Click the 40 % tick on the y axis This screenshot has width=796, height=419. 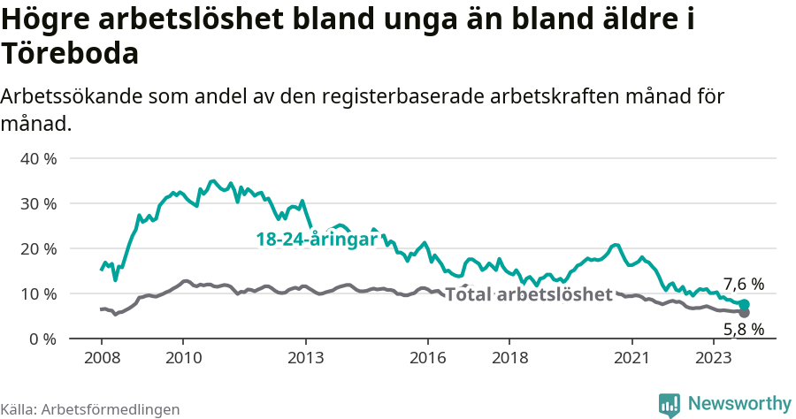coord(38,159)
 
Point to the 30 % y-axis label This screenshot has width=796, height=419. coord(38,203)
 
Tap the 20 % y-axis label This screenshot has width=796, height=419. coord(38,248)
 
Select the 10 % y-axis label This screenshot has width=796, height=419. coord(38,293)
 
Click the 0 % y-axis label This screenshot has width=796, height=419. coord(42,339)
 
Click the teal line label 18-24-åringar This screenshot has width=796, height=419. coord(317,240)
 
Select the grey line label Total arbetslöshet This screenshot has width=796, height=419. coord(528,294)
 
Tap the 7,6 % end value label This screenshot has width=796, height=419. coord(743,284)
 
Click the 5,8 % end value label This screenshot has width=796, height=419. coord(743,330)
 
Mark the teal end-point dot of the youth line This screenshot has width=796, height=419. coord(745,305)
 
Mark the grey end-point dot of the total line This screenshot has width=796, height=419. coord(745,313)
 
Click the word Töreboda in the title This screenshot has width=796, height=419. coord(70,55)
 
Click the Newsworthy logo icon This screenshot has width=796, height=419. coord(670,404)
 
